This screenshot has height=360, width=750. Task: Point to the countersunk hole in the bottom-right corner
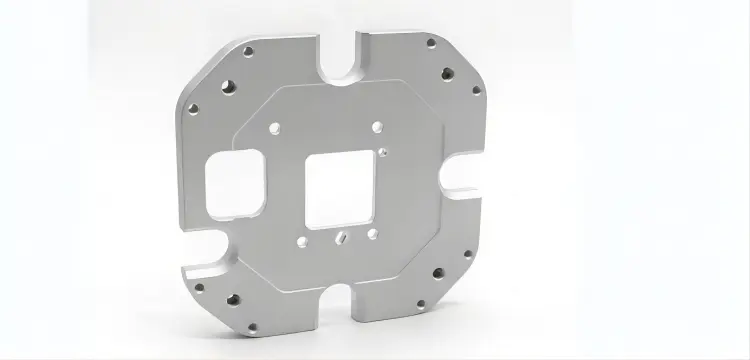pos(435,274)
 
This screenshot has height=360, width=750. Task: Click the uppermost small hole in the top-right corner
pos(430,44)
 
